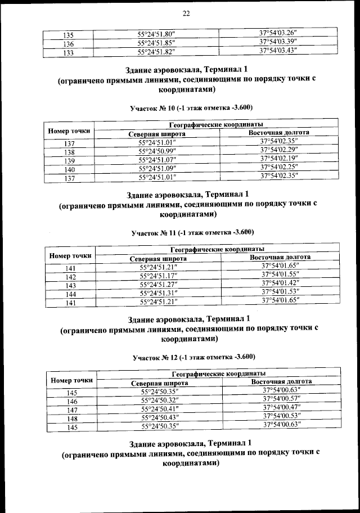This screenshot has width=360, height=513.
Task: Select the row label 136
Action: tap(68, 43)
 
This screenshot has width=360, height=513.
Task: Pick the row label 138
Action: tap(69, 152)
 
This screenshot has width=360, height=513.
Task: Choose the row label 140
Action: tap(69, 169)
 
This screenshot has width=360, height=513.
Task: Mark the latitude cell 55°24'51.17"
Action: tap(159, 276)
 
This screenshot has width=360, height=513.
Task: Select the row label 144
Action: tap(71, 294)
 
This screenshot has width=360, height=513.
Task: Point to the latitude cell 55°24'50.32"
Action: tap(160, 401)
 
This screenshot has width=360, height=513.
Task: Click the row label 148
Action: tap(72, 418)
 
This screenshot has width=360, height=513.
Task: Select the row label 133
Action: tap(68, 52)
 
